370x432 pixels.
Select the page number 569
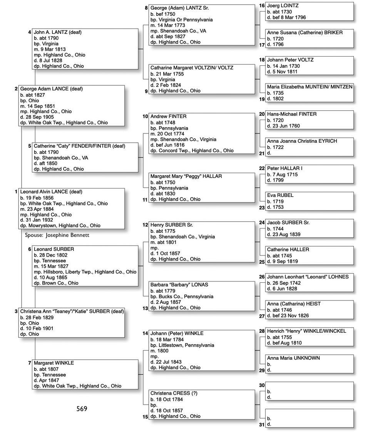[x=82, y=409]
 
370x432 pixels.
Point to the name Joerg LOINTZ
[x=283, y=6]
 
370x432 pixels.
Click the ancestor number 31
[x=262, y=424]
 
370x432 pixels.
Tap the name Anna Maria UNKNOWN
[x=293, y=358]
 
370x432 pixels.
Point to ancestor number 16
[x=262, y=6]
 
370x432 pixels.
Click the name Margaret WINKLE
[x=54, y=363]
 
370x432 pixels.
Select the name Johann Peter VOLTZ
[x=290, y=60]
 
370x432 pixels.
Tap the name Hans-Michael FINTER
[x=292, y=114]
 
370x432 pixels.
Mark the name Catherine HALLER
[x=288, y=249]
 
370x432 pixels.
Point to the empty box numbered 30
[x=309, y=391]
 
